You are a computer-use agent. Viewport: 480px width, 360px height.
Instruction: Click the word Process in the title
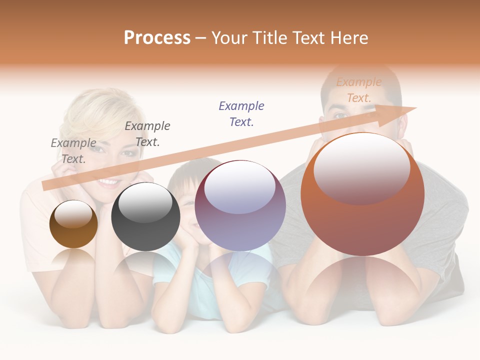pyautogui.click(x=157, y=38)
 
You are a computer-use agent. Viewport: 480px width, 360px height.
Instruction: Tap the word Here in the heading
pyautogui.click(x=349, y=38)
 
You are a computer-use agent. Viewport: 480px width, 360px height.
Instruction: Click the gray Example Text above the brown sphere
pyautogui.click(x=73, y=151)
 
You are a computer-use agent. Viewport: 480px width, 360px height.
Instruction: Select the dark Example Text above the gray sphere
pyautogui.click(x=147, y=134)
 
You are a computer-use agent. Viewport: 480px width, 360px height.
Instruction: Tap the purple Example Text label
pyautogui.click(x=241, y=114)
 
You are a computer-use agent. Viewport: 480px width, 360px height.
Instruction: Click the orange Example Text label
pyautogui.click(x=359, y=90)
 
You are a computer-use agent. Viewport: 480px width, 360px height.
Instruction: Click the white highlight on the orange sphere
pyautogui.click(x=361, y=167)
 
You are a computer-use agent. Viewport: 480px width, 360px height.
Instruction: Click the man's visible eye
pyautogui.click(x=340, y=115)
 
